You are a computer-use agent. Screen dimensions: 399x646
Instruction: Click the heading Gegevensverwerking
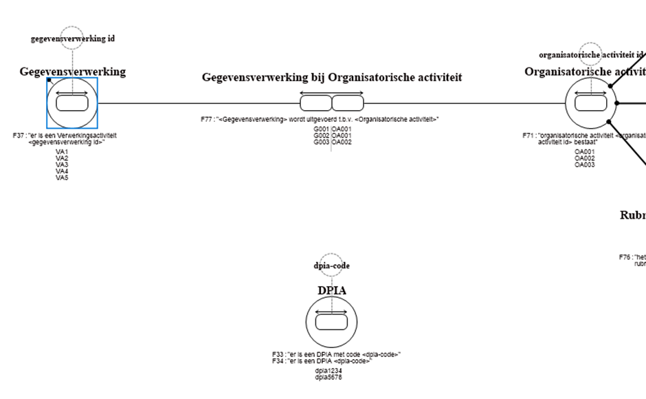point(72,72)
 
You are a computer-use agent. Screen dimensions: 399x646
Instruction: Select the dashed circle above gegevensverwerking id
point(72,39)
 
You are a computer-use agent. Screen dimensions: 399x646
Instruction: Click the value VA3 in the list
point(62,164)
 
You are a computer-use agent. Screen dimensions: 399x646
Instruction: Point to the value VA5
point(62,177)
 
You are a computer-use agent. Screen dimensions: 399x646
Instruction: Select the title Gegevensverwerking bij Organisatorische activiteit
point(332,77)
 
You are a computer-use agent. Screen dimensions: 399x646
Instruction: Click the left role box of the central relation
point(315,104)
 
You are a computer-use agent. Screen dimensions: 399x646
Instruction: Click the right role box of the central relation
point(348,104)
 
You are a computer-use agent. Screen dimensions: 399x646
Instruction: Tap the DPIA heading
point(332,290)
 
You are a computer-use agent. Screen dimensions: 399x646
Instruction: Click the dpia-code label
point(332,266)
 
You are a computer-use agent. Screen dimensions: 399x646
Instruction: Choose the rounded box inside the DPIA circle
point(332,321)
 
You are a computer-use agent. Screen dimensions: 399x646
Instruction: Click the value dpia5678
point(328,377)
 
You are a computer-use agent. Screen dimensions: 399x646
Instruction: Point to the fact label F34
point(278,361)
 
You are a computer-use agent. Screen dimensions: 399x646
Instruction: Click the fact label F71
point(529,136)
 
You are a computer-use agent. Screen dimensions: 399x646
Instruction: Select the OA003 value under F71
point(585,164)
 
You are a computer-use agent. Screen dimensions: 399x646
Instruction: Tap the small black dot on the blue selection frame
point(49,80)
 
